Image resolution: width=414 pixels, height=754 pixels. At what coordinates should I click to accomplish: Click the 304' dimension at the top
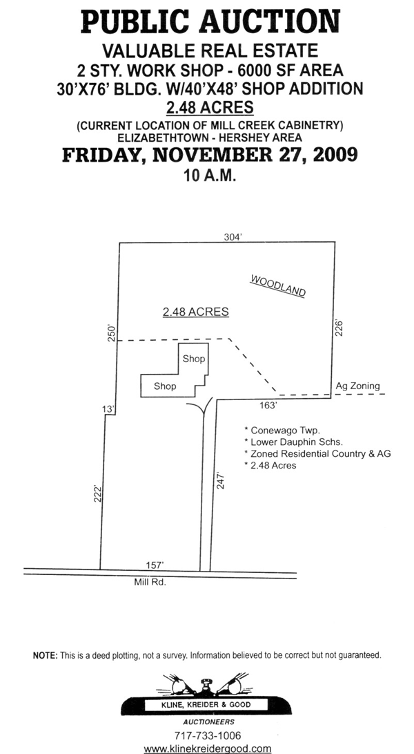233,236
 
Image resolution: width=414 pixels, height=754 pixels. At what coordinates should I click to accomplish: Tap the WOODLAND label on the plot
278,286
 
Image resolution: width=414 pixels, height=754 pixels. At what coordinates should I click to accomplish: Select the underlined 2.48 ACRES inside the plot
195,312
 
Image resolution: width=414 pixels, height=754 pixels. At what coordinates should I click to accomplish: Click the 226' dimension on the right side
338,327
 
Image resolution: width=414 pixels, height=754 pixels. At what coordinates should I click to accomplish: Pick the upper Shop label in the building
194,359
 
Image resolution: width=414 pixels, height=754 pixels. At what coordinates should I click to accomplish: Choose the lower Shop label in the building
165,386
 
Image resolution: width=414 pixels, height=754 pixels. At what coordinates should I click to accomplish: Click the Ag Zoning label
357,386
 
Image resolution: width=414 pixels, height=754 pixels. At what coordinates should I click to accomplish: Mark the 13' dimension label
107,411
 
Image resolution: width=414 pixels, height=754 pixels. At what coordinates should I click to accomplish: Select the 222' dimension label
98,495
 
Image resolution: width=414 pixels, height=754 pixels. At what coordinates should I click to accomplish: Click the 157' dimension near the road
155,565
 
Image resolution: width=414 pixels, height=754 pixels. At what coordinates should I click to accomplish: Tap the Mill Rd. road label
150,583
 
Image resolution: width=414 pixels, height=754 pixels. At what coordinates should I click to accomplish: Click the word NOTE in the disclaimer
46,655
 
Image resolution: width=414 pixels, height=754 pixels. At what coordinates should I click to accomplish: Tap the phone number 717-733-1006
208,735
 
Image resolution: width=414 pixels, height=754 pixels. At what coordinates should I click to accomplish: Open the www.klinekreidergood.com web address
208,748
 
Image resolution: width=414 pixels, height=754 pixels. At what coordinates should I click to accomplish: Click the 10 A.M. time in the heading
210,176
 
